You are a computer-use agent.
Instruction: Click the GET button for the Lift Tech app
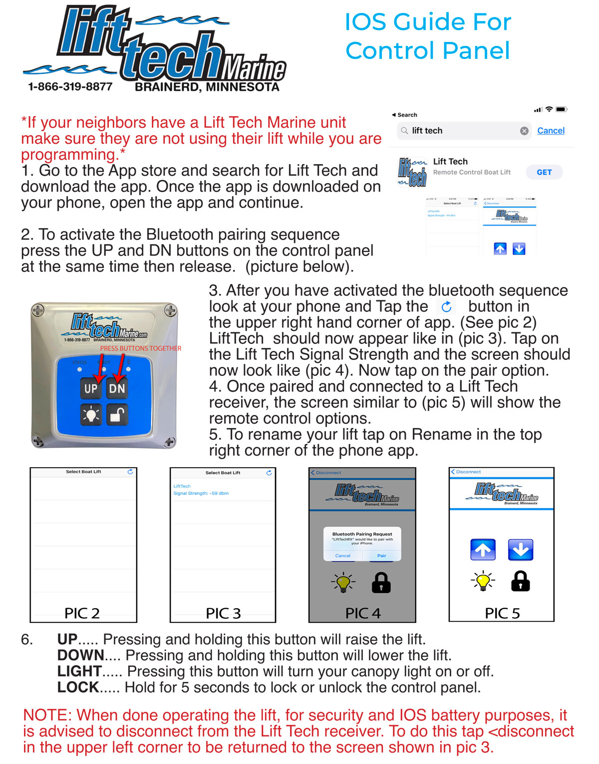tap(544, 172)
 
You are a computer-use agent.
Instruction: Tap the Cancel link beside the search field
tap(551, 131)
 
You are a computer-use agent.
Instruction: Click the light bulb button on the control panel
tap(91, 415)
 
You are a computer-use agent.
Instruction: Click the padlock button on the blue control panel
tap(117, 415)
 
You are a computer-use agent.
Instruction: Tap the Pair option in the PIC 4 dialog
tap(381, 555)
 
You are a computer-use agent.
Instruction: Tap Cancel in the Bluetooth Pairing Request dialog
tap(343, 555)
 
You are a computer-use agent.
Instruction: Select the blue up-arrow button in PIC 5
tap(483, 550)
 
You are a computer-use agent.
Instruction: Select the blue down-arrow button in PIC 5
tap(521, 550)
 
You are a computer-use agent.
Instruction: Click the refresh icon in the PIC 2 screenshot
tap(130, 472)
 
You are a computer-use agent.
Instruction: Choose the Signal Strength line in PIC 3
tap(201, 493)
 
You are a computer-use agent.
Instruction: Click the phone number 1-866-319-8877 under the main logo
tap(70, 87)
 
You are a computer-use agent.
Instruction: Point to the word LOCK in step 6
tap(78, 687)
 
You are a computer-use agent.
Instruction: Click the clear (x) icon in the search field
tap(524, 131)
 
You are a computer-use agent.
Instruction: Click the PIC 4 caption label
tap(363, 613)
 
